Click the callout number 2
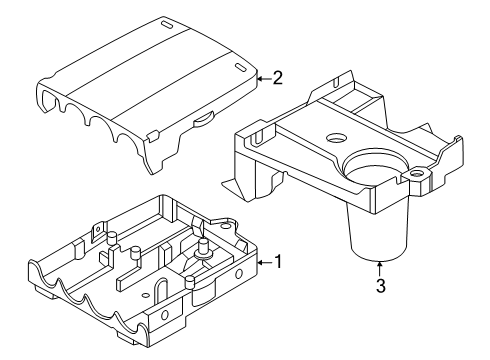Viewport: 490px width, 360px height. tap(277, 77)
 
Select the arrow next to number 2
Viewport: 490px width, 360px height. tap(262, 77)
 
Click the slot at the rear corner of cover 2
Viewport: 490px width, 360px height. tap(162, 22)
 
